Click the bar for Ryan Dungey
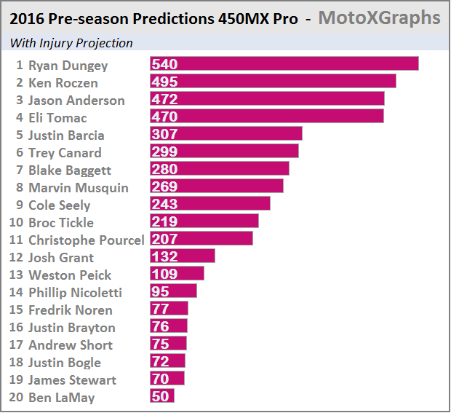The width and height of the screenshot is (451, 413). tap(284, 64)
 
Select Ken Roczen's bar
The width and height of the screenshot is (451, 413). tap(273, 82)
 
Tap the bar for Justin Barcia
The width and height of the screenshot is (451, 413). tap(225, 134)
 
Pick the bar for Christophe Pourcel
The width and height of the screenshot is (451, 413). tap(201, 239)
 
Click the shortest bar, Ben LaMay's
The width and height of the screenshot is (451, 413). tap(162, 396)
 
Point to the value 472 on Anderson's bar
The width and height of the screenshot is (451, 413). tap(164, 99)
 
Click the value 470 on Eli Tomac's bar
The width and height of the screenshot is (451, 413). tap(164, 117)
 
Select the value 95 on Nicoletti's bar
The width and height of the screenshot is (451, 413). tap(160, 291)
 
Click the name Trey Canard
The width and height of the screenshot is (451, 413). tap(65, 152)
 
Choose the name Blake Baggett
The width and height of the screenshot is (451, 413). tap(70, 170)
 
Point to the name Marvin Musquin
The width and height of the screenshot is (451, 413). tap(78, 187)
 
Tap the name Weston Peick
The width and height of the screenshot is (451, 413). tap(70, 275)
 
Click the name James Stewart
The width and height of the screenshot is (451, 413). tap(72, 379)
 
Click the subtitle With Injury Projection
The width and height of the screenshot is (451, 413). tap(71, 43)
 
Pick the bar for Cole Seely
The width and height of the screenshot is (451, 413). tap(209, 204)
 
